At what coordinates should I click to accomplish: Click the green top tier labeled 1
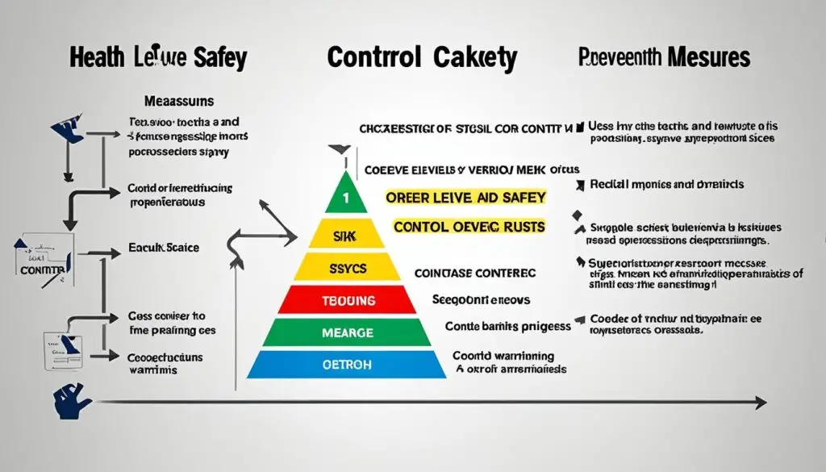(x=345, y=196)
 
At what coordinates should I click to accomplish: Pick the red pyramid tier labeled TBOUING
(x=345, y=300)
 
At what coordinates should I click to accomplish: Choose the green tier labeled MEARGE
(x=345, y=332)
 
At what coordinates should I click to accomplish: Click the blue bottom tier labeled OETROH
(x=345, y=364)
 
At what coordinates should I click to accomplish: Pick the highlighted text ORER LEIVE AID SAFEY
(x=465, y=198)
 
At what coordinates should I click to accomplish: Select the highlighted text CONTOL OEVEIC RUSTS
(x=469, y=227)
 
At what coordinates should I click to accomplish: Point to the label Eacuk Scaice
(x=164, y=248)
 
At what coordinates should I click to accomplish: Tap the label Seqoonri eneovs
(x=481, y=299)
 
